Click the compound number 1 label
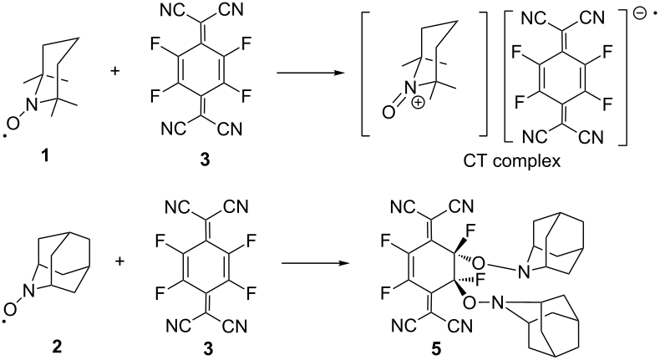click(x=44, y=156)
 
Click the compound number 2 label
click(x=57, y=347)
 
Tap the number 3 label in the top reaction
click(x=205, y=160)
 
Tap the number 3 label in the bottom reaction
click(x=208, y=347)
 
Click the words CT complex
click(x=512, y=160)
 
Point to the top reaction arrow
click(x=309, y=73)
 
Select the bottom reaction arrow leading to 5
click(x=316, y=264)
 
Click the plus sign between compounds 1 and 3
click(x=114, y=70)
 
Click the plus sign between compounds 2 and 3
click(x=120, y=261)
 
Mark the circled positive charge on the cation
click(x=418, y=103)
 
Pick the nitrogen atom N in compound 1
click(x=32, y=104)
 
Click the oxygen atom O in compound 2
click(x=13, y=311)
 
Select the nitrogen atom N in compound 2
click(x=29, y=291)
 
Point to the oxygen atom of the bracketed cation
click(x=389, y=111)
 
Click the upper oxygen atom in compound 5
click(x=478, y=263)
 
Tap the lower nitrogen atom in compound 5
click(x=500, y=302)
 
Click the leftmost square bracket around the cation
click(x=363, y=74)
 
